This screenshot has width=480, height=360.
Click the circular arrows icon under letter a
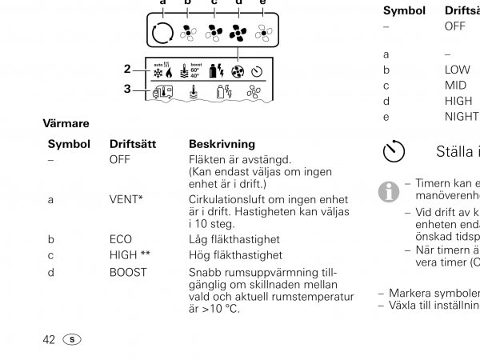(x=162, y=33)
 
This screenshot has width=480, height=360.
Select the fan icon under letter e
(x=262, y=34)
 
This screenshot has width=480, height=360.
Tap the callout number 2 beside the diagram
(x=127, y=70)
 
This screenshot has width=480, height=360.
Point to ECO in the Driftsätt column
(x=121, y=239)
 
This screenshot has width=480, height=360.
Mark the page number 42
(x=48, y=339)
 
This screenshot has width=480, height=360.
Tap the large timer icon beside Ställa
(x=395, y=151)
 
